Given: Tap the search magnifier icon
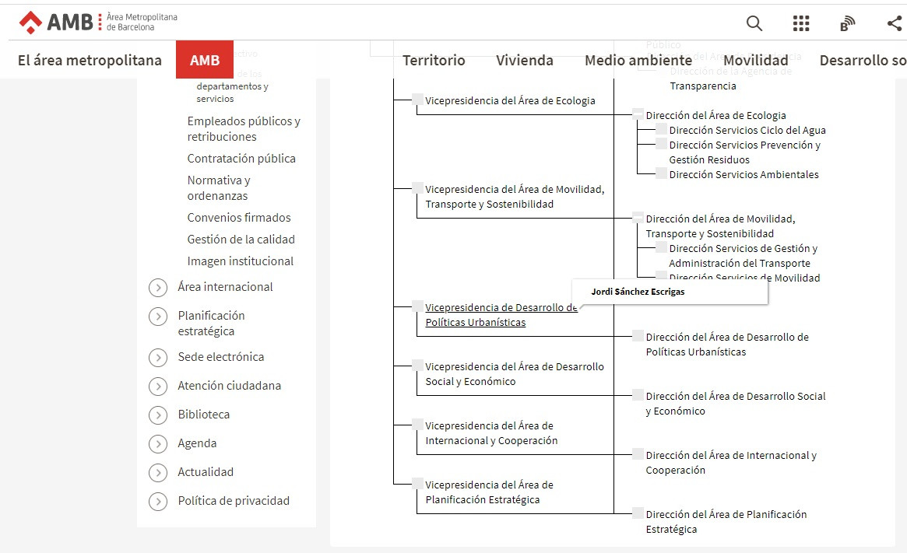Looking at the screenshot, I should (754, 23).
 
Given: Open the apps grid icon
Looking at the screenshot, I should (801, 23).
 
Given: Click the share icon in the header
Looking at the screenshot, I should (895, 23).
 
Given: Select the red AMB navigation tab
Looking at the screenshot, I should (205, 60).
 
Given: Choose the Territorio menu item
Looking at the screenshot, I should (434, 60).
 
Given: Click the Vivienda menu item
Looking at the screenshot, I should (525, 60).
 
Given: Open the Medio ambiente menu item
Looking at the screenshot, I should (638, 60).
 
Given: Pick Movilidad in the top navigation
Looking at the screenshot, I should (755, 60).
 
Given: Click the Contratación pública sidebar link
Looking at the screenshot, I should (241, 159).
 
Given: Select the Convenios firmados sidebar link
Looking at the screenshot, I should (239, 218).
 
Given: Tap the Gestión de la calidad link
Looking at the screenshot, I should (241, 240).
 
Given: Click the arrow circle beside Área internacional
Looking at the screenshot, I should (158, 288).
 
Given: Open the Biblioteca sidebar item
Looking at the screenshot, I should (204, 415).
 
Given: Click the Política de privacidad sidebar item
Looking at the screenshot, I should (234, 501).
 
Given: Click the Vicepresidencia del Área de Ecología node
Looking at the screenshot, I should (510, 100).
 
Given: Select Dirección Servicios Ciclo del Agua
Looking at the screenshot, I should (747, 130).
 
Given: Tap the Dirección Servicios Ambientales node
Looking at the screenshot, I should (744, 174).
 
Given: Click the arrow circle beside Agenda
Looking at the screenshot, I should (158, 444).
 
